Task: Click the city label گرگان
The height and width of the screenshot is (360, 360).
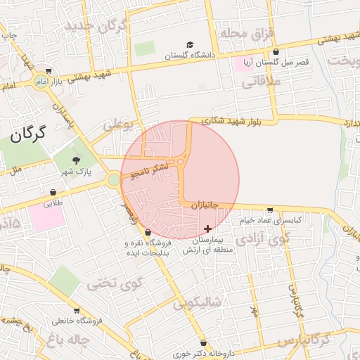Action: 29,131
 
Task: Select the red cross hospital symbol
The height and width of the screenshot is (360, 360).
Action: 207,229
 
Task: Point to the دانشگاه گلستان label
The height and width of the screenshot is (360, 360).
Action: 188,54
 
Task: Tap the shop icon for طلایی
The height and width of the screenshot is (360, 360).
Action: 53,192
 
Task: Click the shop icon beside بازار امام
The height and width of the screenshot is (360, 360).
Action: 48,71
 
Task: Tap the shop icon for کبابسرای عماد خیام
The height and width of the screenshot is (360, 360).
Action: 270,210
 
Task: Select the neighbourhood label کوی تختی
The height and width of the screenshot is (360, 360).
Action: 115,284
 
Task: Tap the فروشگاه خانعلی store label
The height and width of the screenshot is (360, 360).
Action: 77,321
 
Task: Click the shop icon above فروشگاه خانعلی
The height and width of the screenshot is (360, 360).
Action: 77,310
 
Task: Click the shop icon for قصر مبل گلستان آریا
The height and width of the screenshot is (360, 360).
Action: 276,52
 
